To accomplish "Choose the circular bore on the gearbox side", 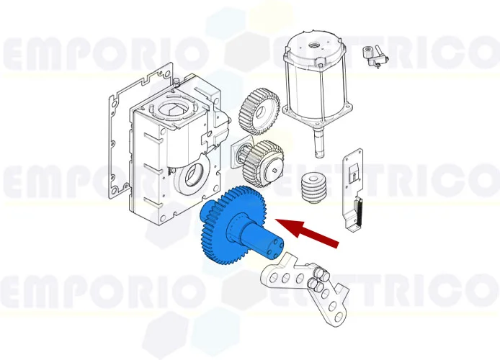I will tap(192, 175).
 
